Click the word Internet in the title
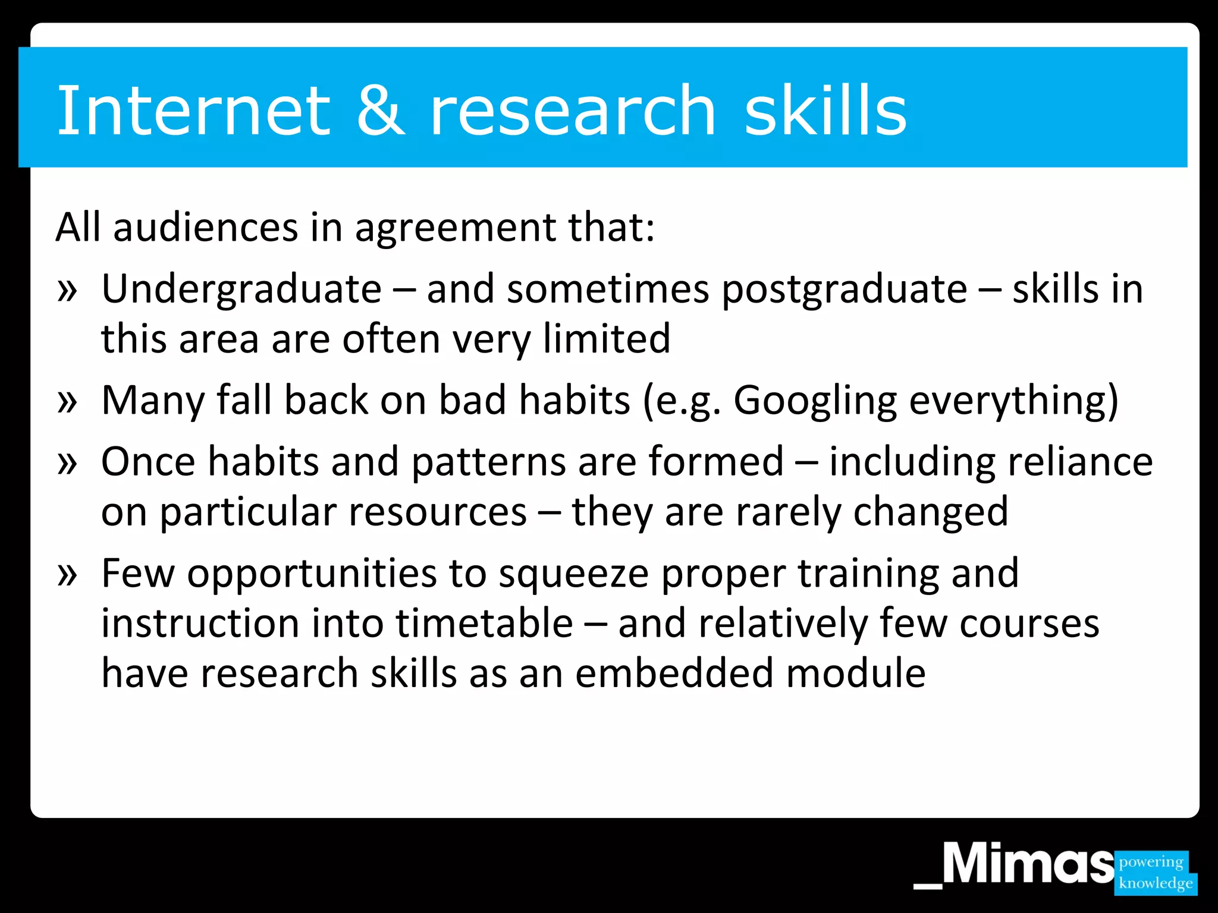(193, 111)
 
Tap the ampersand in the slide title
(381, 111)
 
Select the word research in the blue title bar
(572, 111)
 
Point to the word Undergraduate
(241, 289)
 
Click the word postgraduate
(845, 291)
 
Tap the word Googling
(815, 401)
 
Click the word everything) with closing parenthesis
(1013, 401)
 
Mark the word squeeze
(573, 574)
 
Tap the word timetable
(484, 624)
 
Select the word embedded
(674, 673)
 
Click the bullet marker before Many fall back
(67, 402)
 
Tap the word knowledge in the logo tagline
(1155, 883)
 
